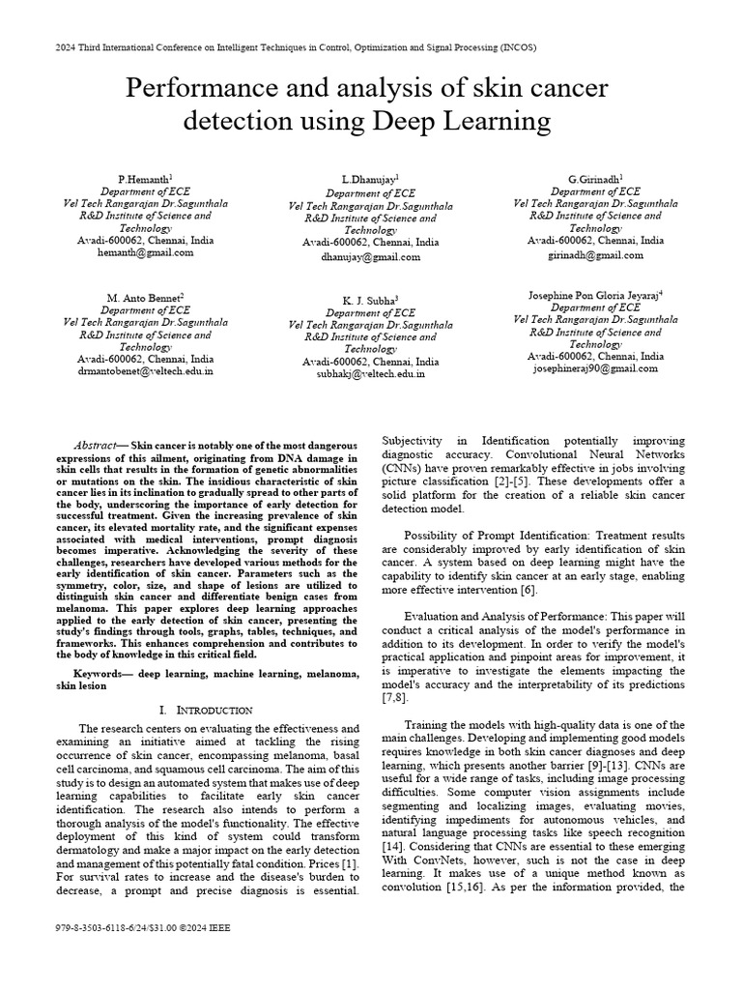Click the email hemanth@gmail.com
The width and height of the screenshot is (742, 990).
[x=145, y=252]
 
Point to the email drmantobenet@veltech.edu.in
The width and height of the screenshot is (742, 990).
[x=145, y=370]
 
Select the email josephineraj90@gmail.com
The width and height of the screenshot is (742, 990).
[x=595, y=368]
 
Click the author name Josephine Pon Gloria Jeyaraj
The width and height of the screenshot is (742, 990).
[x=595, y=294]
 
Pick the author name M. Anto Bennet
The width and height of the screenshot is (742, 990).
[x=145, y=298]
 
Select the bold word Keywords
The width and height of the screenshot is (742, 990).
[x=100, y=671]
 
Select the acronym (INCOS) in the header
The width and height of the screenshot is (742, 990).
[x=513, y=46]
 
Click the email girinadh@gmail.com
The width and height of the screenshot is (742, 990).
[x=595, y=255]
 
